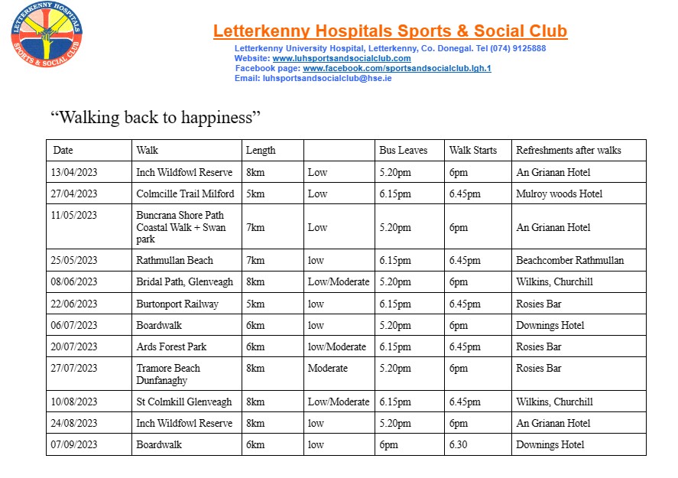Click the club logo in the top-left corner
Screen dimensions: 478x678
coord(47,36)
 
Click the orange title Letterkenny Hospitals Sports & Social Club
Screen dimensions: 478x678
coord(390,31)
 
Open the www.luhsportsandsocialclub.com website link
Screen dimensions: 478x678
coord(342,58)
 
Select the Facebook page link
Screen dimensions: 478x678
coord(397,68)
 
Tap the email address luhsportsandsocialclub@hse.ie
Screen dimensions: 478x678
coord(327,78)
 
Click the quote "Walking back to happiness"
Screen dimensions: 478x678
coord(156,118)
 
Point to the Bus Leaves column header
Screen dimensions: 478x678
coord(403,150)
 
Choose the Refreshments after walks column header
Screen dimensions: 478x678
coord(568,150)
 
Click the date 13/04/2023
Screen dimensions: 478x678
coord(75,172)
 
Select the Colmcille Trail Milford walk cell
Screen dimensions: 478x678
coord(185,193)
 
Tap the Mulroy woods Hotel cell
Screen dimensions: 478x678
coord(559,193)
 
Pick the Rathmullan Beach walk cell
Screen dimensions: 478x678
coord(174,260)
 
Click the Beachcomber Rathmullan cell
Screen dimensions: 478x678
coord(569,260)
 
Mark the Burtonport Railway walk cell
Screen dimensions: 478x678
coord(177,304)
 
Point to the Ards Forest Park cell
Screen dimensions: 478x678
coord(171,346)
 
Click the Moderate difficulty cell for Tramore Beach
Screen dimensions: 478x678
coord(327,368)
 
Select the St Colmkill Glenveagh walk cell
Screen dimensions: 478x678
coord(183,402)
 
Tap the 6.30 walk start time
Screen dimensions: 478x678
coord(459,444)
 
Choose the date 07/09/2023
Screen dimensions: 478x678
coord(75,444)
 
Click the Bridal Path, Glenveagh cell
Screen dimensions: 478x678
coord(184,281)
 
